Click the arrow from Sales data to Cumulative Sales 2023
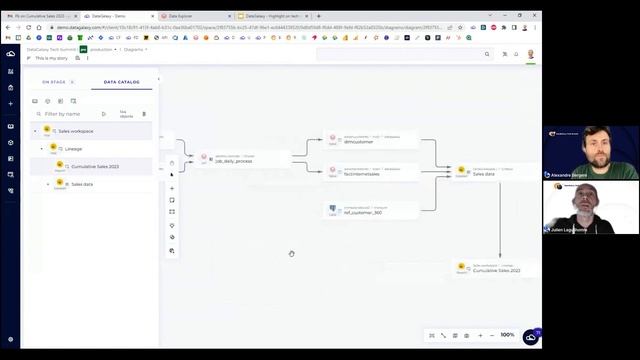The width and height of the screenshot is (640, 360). coord(500,220)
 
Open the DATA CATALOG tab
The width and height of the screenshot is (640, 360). coord(121,82)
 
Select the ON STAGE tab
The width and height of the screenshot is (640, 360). coord(53,82)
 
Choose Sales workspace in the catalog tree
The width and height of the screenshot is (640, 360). coord(76,131)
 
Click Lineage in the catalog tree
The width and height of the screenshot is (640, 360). coord(74,149)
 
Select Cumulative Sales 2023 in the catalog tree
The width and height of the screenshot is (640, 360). coord(95,166)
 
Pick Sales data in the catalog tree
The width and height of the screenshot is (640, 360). coord(81,184)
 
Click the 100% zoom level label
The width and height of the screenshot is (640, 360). coord(507,335)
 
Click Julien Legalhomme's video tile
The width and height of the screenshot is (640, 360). coord(578,207)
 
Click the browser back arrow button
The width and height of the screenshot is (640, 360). coord(8,27)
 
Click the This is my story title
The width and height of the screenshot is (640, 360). coord(52,58)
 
